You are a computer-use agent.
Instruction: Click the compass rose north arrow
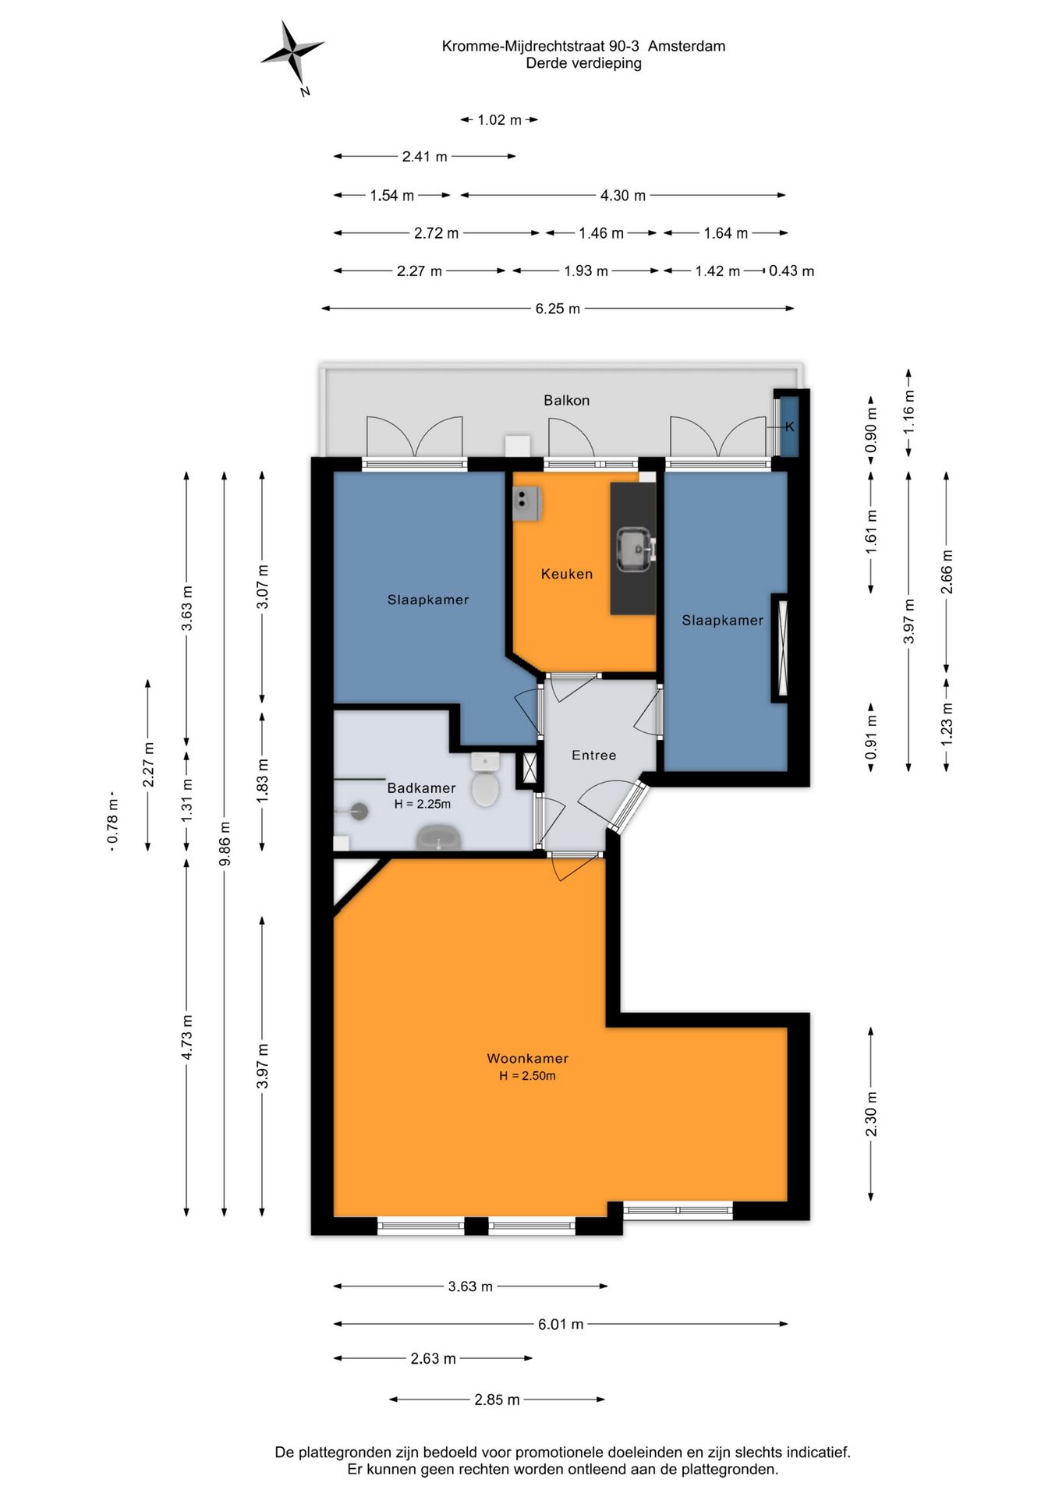point(292,53)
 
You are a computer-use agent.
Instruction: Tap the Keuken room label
point(567,574)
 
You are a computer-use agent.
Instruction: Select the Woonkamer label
point(528,1058)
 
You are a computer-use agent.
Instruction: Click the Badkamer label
point(421,787)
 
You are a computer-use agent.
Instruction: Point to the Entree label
point(593,755)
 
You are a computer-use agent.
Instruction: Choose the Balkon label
point(567,400)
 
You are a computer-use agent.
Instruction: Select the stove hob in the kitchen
point(526,504)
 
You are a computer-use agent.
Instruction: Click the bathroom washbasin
point(439,838)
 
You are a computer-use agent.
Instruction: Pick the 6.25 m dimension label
point(558,309)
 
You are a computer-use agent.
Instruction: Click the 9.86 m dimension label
point(225,844)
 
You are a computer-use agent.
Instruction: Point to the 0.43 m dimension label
point(792,271)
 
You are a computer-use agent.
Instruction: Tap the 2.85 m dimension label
point(497,1400)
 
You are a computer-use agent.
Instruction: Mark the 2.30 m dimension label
point(871,1114)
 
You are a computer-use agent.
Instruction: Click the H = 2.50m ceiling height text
point(528,1076)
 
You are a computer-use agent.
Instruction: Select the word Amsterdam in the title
point(687,46)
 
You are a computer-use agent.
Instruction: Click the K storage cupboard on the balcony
point(789,426)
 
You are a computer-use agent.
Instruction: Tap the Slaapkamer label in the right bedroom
point(723,620)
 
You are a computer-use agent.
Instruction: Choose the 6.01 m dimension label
point(561,1324)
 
